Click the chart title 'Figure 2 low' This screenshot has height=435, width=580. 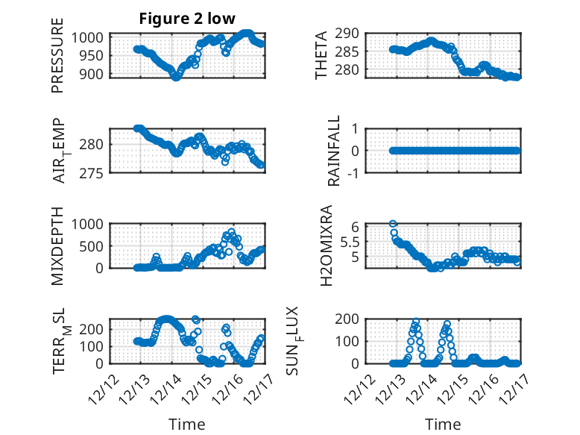pos(188,19)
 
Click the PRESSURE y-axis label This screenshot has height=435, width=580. pos(57,61)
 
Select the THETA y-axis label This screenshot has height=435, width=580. pos(321,55)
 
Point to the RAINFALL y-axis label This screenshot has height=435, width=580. pos(335,151)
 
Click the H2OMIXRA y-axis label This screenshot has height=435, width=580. pos(326,245)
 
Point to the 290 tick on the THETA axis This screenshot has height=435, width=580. pos(351,34)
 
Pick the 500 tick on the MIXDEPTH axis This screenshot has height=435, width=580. pos(95,246)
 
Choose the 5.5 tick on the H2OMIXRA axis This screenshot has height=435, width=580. pos(350,242)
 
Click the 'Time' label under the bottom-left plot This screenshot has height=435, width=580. pos(187,424)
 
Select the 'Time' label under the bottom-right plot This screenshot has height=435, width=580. pos(443,424)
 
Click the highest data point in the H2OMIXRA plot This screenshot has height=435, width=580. pos(392,224)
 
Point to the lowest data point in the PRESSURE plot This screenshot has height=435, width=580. pos(176,76)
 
